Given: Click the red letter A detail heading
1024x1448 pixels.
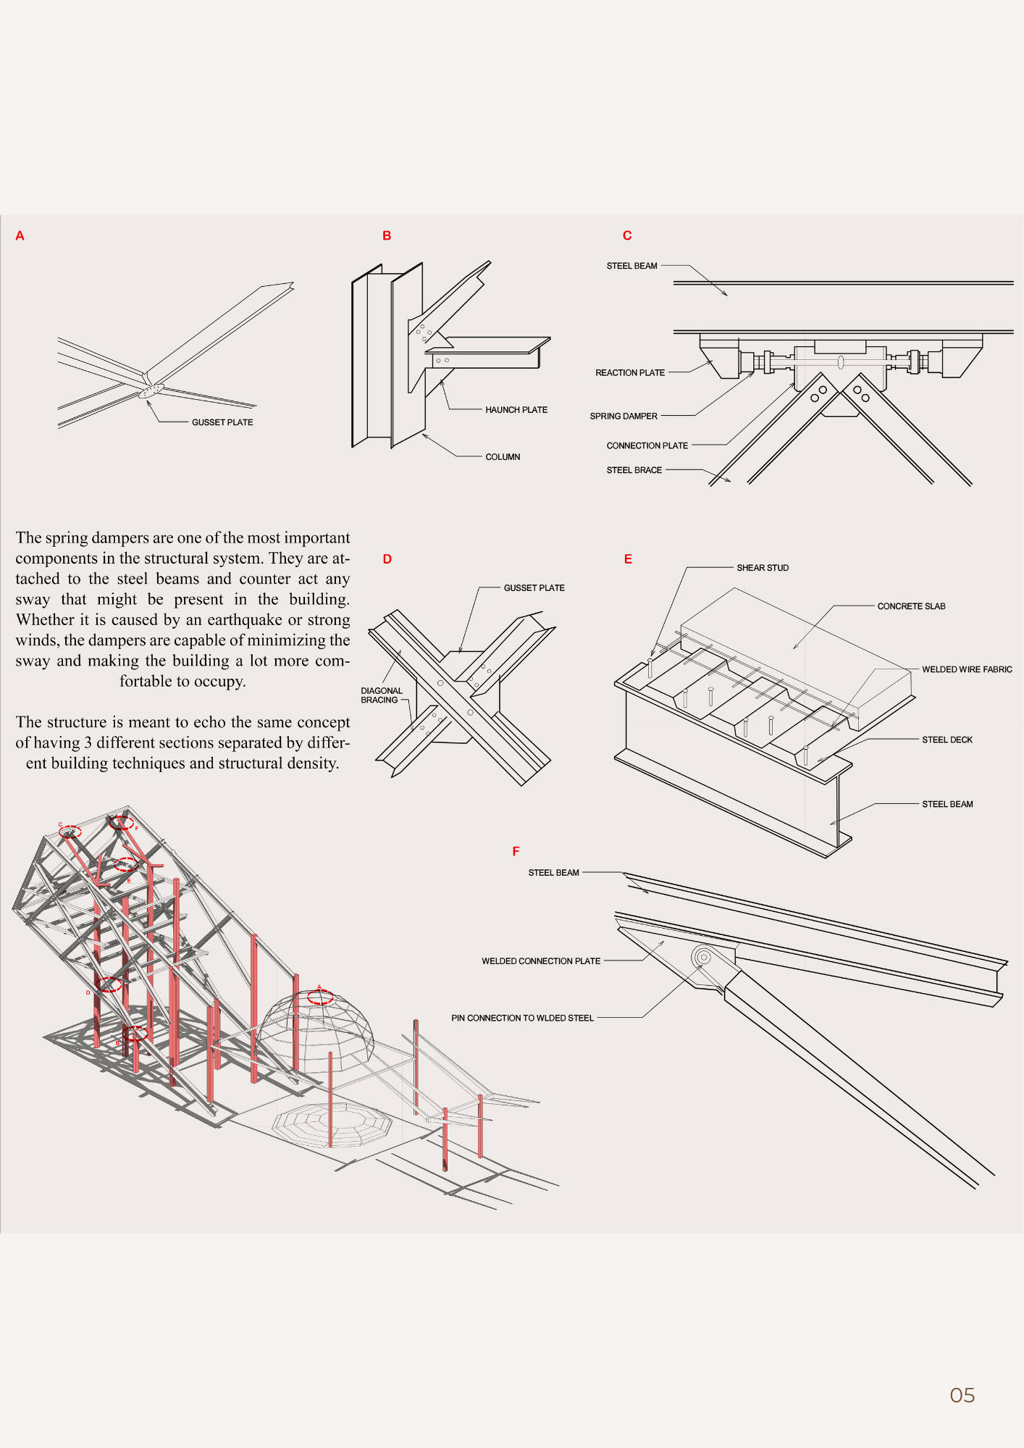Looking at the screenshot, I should [x=20, y=235].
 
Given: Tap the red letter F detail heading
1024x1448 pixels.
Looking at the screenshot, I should [x=516, y=851].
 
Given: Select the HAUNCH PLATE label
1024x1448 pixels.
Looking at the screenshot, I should [x=516, y=410].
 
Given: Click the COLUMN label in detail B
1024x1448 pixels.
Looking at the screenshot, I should [x=503, y=457].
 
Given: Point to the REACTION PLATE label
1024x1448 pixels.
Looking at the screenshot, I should [x=629, y=373].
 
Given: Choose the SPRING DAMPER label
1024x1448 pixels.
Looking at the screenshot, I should [x=623, y=417].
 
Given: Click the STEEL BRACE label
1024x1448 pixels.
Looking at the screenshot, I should [x=634, y=470].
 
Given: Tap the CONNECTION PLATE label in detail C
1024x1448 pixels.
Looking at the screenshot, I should [x=647, y=445].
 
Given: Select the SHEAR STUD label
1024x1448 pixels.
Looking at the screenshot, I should [x=762, y=568].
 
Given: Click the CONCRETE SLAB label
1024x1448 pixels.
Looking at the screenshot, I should [x=911, y=606].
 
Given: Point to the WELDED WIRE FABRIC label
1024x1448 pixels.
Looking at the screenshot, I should [x=966, y=669].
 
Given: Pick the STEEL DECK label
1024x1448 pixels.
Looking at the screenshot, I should [x=947, y=740].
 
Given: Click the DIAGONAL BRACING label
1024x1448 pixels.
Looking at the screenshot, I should [x=381, y=695].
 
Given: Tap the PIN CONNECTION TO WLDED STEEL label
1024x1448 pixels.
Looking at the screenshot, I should [x=522, y=1018].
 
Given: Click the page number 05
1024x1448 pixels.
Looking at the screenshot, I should [x=962, y=1394].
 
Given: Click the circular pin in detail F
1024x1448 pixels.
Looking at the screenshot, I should [x=701, y=957].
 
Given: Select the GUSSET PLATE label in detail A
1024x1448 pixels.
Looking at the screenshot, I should [x=222, y=422].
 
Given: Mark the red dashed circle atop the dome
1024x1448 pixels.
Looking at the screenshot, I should [x=320, y=997].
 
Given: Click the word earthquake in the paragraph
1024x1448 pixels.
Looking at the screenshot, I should [x=244, y=620].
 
